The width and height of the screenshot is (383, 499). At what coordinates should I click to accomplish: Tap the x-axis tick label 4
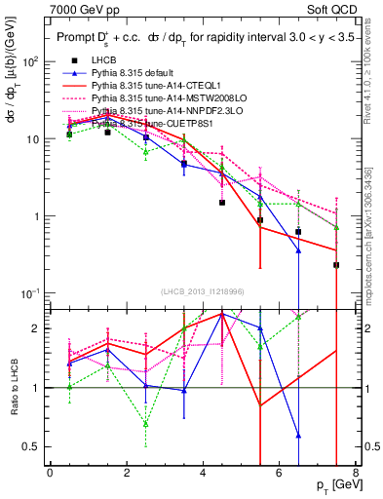(x=202, y=473)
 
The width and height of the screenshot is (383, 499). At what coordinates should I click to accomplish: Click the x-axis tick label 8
(x=354, y=473)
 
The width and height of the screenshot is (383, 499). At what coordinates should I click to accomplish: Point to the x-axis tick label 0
(x=50, y=473)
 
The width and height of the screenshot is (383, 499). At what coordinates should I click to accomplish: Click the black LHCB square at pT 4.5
(x=222, y=203)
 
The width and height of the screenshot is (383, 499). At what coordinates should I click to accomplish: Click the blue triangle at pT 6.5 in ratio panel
(x=298, y=436)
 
